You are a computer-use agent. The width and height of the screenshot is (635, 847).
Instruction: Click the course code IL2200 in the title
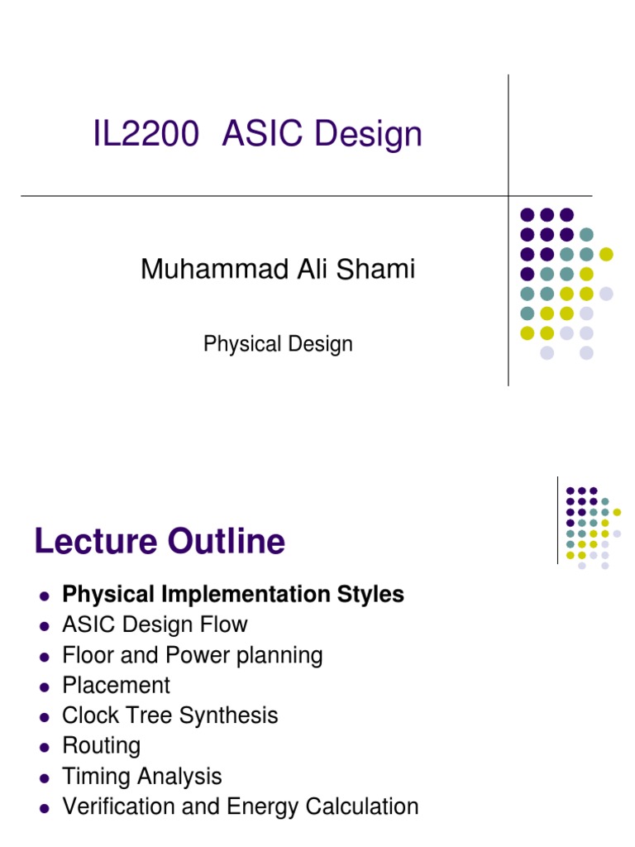click(x=146, y=134)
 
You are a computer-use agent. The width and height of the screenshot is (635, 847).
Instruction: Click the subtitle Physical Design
click(x=278, y=343)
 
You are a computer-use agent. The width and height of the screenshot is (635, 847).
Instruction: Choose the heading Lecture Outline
click(x=160, y=542)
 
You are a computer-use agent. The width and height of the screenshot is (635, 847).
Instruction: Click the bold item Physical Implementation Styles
click(x=233, y=595)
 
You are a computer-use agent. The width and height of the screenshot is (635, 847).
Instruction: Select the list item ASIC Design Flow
click(x=155, y=624)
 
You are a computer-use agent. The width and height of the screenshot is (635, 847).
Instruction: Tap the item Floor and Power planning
click(x=193, y=655)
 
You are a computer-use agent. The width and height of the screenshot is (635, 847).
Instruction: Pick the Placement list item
click(x=116, y=686)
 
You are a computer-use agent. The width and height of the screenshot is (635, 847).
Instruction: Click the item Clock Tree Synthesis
click(x=170, y=715)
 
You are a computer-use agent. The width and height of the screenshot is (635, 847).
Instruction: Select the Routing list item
click(x=101, y=746)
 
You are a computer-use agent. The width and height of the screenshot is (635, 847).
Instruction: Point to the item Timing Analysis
click(x=142, y=777)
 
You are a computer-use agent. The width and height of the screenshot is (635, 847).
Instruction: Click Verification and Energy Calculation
click(x=240, y=806)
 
